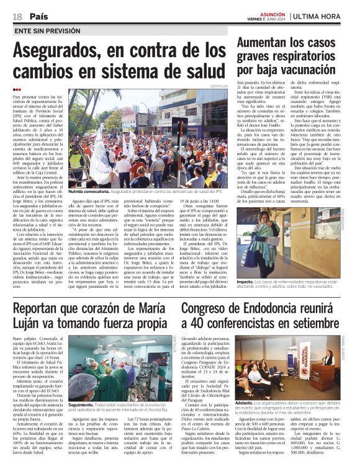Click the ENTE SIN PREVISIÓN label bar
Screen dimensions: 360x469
(50, 30)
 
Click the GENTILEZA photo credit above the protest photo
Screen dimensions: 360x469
(218, 86)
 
